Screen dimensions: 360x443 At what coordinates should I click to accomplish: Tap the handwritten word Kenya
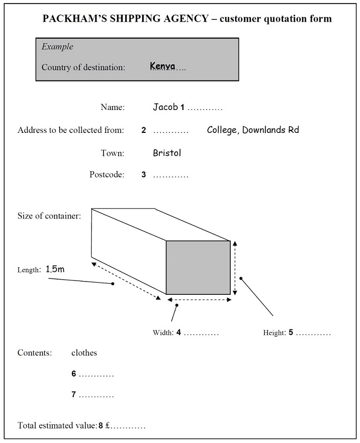[162, 66]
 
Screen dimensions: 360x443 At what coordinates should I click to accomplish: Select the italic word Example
[58, 47]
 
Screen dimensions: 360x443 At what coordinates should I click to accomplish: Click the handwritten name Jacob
[165, 107]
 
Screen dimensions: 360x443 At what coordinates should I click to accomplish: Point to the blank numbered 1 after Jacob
[205, 107]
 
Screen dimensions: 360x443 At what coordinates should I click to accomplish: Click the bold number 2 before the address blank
[144, 130]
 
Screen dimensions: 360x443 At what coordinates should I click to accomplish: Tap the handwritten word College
[223, 130]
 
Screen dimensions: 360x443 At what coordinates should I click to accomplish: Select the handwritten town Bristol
[167, 153]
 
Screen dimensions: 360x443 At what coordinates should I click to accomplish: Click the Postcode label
[107, 174]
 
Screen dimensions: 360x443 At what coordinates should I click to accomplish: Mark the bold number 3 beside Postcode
[144, 175]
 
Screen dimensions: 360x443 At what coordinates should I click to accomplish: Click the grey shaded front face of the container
[198, 267]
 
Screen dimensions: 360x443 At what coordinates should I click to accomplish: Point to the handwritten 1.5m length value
[55, 269]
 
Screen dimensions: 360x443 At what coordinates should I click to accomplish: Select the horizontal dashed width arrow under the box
[200, 299]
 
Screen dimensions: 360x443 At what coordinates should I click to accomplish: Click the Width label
[163, 333]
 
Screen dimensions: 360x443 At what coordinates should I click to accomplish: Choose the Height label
[274, 333]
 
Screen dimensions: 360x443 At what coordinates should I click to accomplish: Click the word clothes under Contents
[84, 352]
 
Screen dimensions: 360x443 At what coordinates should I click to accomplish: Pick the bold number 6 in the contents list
[74, 374]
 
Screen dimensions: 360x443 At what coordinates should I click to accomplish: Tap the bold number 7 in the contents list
[74, 395]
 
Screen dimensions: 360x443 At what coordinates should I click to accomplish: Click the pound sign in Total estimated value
[107, 426]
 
